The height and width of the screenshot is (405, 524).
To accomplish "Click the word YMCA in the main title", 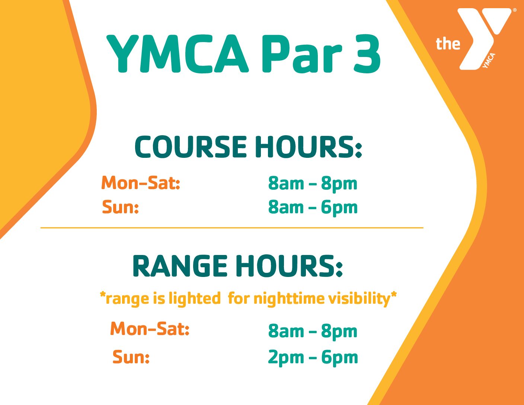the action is [x=178, y=54].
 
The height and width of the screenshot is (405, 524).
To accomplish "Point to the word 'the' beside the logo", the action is [x=448, y=44].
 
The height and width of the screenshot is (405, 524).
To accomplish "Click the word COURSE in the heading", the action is [x=191, y=147].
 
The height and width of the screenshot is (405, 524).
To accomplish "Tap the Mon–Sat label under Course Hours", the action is [x=141, y=183].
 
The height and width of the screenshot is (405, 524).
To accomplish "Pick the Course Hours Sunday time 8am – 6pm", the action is [x=313, y=208].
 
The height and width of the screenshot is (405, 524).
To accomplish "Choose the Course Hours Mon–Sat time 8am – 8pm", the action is [x=313, y=184].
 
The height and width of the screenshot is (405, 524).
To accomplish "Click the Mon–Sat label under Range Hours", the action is [x=150, y=329].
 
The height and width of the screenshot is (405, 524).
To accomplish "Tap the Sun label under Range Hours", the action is [x=131, y=357].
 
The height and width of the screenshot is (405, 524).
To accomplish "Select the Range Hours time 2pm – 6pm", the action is [x=313, y=358].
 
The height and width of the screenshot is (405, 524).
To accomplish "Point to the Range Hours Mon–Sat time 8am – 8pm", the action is [x=313, y=332].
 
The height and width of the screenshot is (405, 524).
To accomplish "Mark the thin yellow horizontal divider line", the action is [x=232, y=227].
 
